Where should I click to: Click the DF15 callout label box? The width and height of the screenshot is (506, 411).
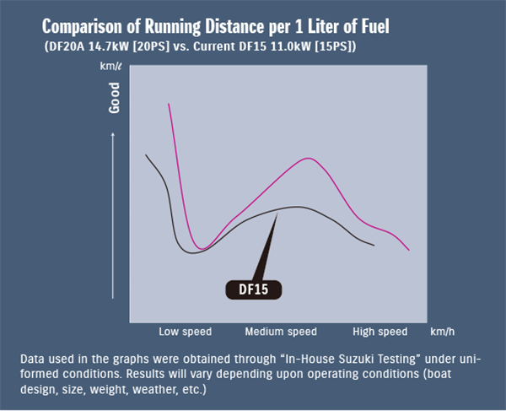tap(253, 289)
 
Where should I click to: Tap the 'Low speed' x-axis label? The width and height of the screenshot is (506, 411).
tap(185, 332)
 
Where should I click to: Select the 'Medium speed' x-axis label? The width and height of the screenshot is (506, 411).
tap(281, 332)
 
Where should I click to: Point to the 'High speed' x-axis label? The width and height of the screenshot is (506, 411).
tap(379, 332)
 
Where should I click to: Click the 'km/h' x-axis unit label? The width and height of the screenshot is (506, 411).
tap(441, 332)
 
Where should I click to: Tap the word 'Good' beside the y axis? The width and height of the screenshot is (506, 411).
tap(115, 100)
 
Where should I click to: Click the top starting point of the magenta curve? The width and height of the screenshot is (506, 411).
tap(169, 103)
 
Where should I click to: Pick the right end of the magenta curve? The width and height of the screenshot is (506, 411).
tap(409, 250)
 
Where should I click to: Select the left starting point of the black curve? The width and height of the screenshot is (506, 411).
tap(146, 154)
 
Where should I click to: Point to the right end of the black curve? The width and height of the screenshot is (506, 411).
tap(374, 246)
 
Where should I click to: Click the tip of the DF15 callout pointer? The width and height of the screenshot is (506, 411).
tap(277, 213)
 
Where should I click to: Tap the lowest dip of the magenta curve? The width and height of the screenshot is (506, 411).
tap(201, 249)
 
